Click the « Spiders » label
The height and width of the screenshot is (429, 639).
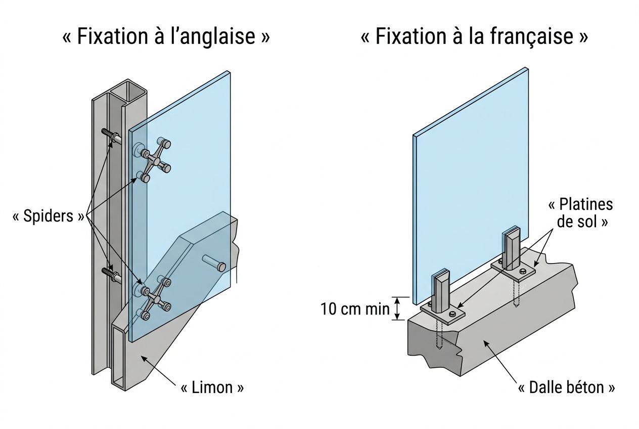[x=48, y=217]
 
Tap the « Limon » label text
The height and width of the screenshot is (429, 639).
[x=212, y=388]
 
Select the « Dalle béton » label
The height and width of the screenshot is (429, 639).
[x=567, y=388]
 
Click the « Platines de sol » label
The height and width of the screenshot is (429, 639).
[x=580, y=212]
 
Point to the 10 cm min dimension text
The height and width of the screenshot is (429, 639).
[x=355, y=309]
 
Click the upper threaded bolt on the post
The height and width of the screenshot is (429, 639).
[x=110, y=135]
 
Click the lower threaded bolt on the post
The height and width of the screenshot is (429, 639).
[x=110, y=274]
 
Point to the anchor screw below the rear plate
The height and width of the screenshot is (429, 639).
[x=516, y=293]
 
